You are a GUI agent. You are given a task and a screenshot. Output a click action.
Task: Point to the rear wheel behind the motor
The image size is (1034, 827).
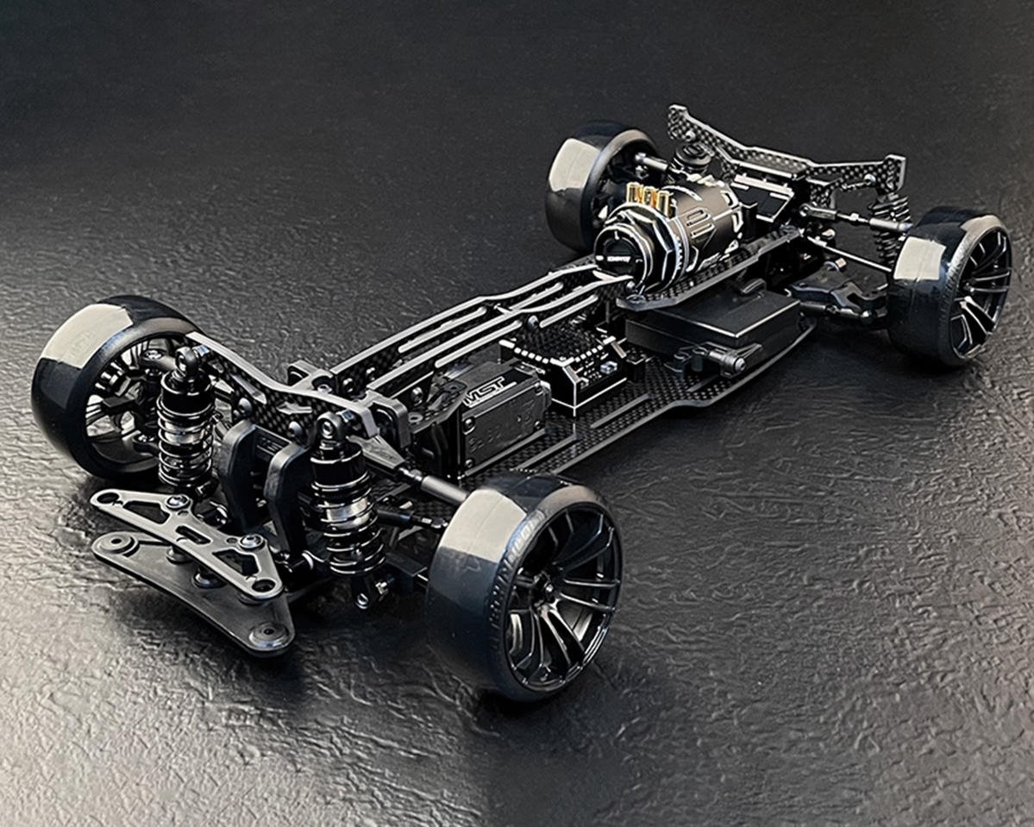(595, 181)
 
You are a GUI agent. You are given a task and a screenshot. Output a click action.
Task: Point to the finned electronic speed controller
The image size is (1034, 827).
(561, 362)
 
